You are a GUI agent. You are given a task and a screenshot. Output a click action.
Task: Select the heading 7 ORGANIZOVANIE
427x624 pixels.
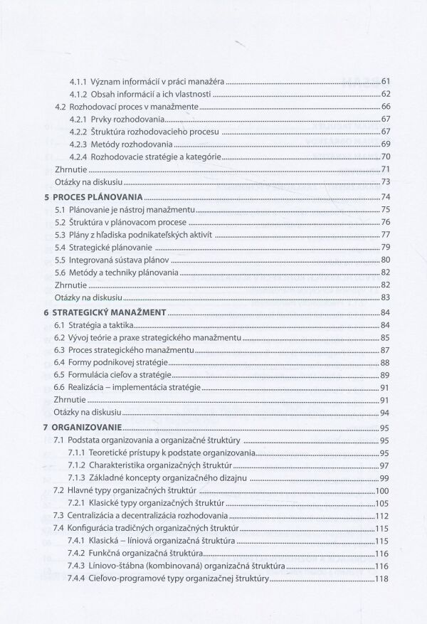[85, 428]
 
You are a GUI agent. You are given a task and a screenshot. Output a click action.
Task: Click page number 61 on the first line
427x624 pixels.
[386, 82]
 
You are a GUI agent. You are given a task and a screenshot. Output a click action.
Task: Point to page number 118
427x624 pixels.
[384, 581]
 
